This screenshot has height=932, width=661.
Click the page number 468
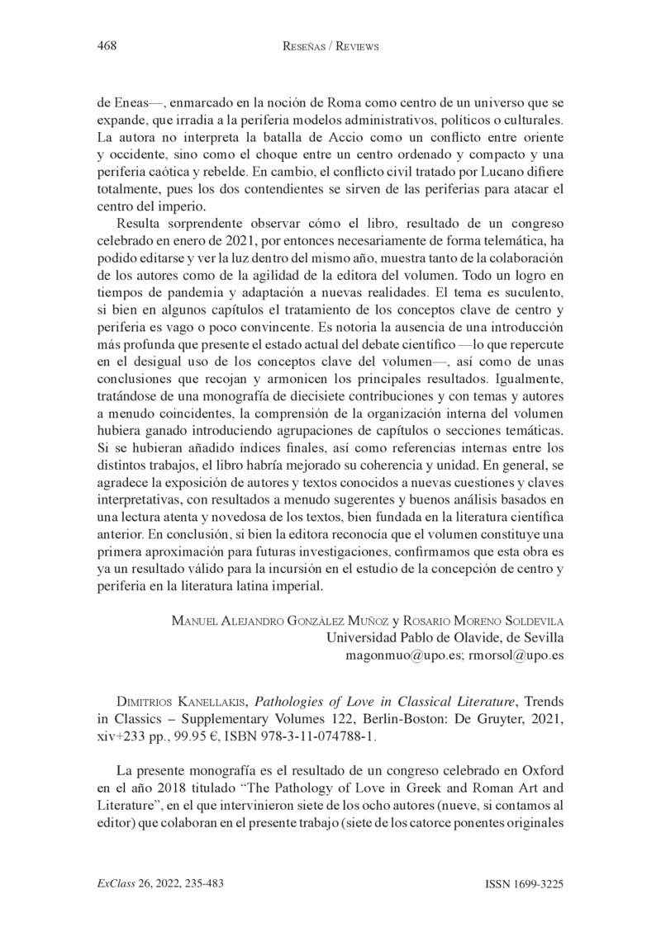pyautogui.click(x=106, y=46)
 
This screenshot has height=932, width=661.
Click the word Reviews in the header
pyautogui.click(x=353, y=47)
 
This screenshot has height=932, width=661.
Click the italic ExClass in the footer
pyautogui.click(x=115, y=883)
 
